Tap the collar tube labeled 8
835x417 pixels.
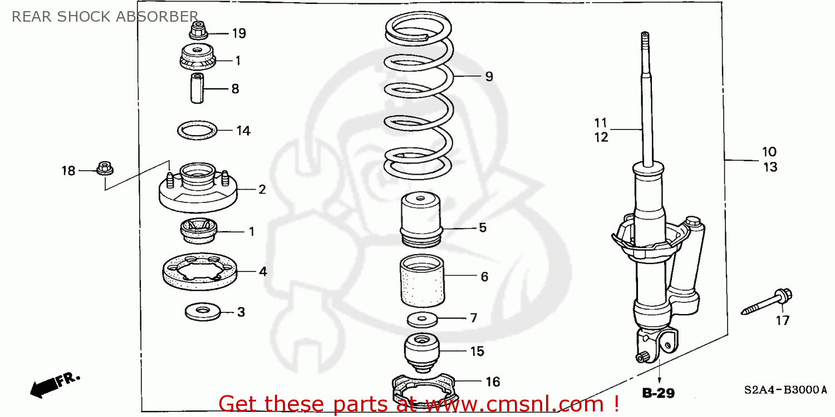(197, 88)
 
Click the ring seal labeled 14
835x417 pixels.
(197, 131)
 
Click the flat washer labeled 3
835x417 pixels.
(202, 311)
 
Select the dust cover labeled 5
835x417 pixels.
(420, 220)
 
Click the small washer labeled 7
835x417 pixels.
(422, 320)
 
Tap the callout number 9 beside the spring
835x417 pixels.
(488, 77)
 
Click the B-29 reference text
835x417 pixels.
(659, 394)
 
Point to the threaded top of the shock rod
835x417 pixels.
(645, 42)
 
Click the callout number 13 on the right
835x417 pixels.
(770, 167)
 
